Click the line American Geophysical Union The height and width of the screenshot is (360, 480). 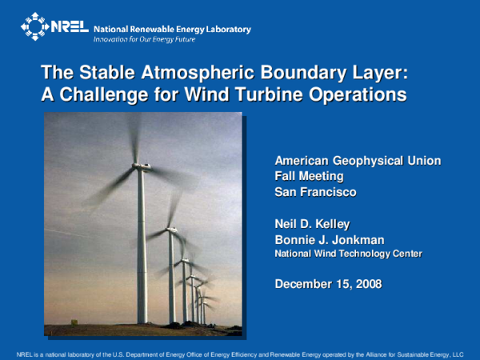[x=358, y=161]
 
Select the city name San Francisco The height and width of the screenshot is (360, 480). [x=315, y=192]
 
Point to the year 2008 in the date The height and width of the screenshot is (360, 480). [x=367, y=284]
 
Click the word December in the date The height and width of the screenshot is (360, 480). [x=302, y=284]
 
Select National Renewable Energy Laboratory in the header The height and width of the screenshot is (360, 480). [x=172, y=29]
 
